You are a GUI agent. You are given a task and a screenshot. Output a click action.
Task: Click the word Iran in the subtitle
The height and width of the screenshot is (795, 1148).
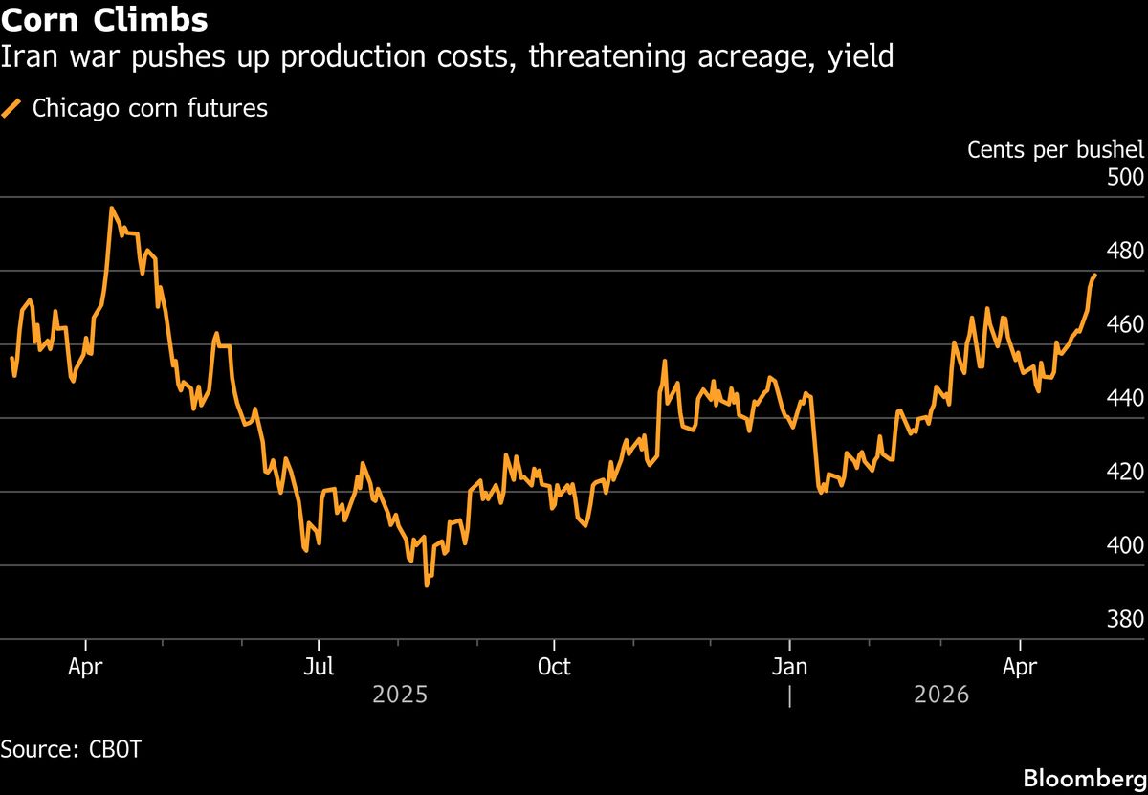[x=27, y=57]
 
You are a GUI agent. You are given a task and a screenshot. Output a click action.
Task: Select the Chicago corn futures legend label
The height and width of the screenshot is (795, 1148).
[x=149, y=109]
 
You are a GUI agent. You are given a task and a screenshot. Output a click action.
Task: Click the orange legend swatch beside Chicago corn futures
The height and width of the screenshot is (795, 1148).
[x=12, y=109]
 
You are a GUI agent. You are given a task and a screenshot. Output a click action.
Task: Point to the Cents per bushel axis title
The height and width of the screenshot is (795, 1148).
[x=1055, y=150]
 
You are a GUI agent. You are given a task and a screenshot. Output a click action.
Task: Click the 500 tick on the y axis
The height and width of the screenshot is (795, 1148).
[x=1125, y=178]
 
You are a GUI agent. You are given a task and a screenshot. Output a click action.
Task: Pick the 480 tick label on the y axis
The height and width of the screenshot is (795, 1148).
[x=1125, y=252]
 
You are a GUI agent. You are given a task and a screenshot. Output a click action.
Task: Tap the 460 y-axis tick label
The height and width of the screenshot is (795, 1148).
[x=1125, y=325]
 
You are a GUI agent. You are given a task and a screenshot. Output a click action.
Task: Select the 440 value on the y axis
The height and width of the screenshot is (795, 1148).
[x=1125, y=399]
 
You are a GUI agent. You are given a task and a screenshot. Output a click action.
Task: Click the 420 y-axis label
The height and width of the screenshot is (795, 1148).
[x=1125, y=473]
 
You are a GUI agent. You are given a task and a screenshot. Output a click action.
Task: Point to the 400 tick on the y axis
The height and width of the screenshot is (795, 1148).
[x=1125, y=546]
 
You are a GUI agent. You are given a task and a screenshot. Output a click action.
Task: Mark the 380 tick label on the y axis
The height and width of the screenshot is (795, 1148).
[x=1125, y=620]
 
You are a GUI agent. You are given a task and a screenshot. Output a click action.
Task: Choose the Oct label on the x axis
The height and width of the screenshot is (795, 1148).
[x=554, y=667]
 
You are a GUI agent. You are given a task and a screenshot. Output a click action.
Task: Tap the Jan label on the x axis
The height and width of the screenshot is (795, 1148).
[x=789, y=667]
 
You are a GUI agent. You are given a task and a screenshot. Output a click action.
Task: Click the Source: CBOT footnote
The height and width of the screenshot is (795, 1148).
[x=71, y=749]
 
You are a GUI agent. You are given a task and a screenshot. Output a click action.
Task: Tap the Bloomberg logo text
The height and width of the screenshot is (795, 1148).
[x=1084, y=778]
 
